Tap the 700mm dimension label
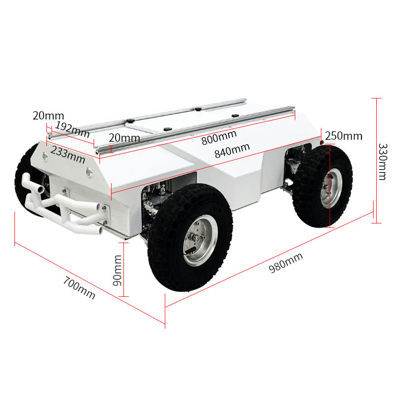pos(79,287)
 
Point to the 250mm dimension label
pos(344,136)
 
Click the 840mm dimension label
pos(232,150)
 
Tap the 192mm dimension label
pos(72,129)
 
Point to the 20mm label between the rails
pos(124,137)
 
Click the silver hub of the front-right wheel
pos(199,240)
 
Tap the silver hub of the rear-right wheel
pos(331,188)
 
